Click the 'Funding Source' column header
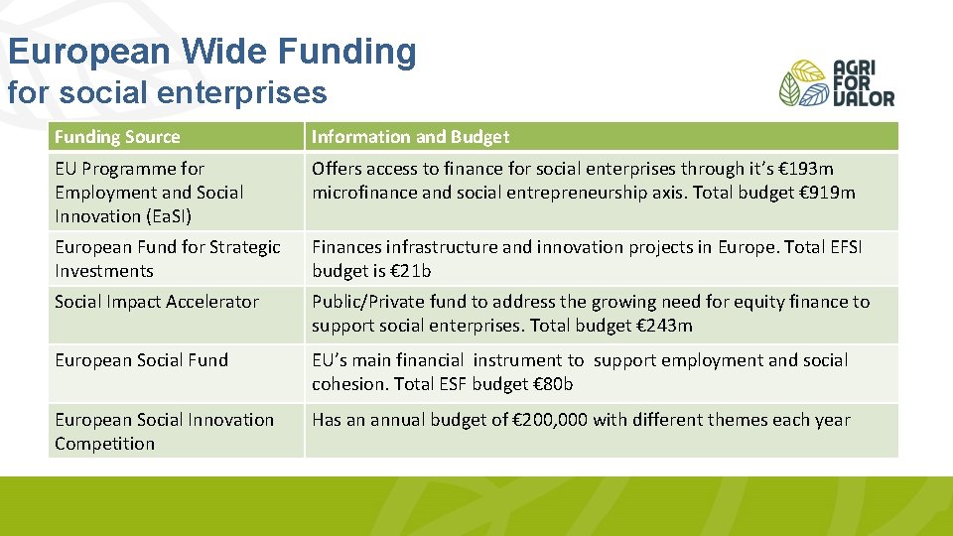tap(117, 137)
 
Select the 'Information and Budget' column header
tap(410, 137)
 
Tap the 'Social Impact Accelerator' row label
tap(157, 302)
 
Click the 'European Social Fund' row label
tap(141, 360)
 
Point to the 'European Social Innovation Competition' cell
tap(164, 431)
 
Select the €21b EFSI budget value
tap(411, 271)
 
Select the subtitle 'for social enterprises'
tap(167, 92)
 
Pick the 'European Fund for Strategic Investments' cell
tap(167, 259)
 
